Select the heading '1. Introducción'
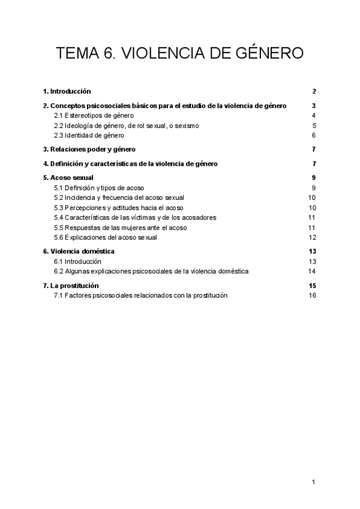(67, 91)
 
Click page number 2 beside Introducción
(314, 91)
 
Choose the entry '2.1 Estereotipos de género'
(94, 115)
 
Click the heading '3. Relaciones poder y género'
(89, 149)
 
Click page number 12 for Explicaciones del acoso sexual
(312, 238)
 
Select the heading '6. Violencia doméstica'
(79, 251)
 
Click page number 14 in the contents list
(312, 271)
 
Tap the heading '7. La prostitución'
(71, 285)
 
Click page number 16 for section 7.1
(312, 295)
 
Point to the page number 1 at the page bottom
(314, 482)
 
